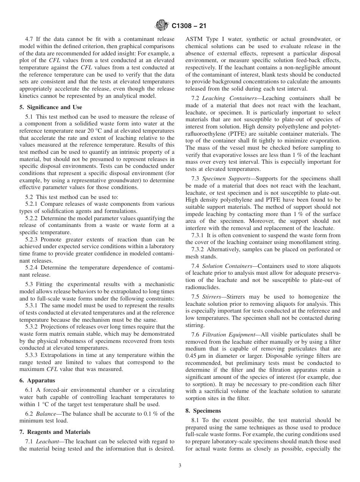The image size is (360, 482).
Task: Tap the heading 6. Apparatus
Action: coord(37,380)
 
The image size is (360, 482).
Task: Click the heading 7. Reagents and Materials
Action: coord(55,432)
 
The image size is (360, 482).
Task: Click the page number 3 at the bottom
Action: coord(180,466)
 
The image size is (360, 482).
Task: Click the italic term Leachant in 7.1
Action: coord(50,441)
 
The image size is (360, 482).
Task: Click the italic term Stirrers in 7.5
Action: coord(213,297)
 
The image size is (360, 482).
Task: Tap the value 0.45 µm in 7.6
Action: coord(196,356)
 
